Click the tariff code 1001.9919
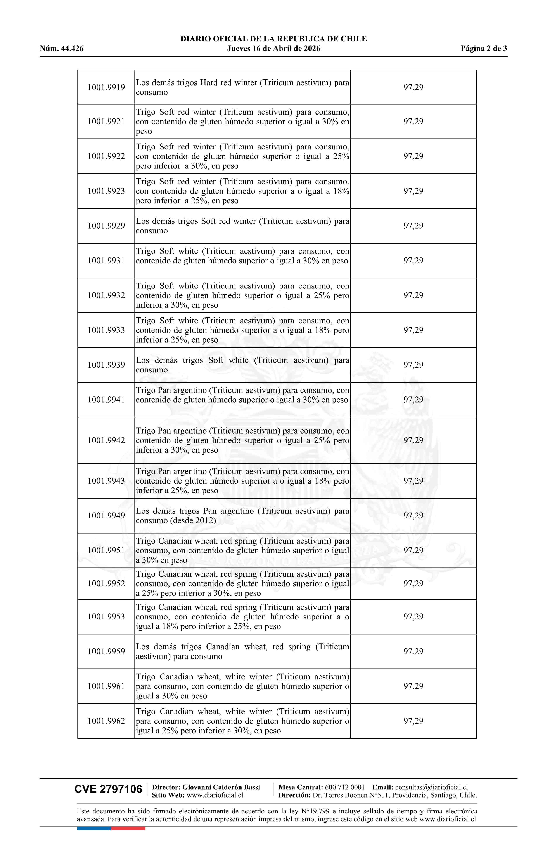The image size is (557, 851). click(x=106, y=87)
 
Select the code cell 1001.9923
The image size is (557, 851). click(x=106, y=191)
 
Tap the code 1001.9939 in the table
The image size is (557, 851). click(x=106, y=365)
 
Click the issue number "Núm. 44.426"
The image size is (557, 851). click(x=62, y=49)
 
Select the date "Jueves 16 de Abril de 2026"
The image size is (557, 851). click(x=273, y=49)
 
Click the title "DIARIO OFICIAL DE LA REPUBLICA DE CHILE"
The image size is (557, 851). click(x=273, y=39)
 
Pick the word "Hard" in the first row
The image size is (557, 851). click(x=209, y=83)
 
